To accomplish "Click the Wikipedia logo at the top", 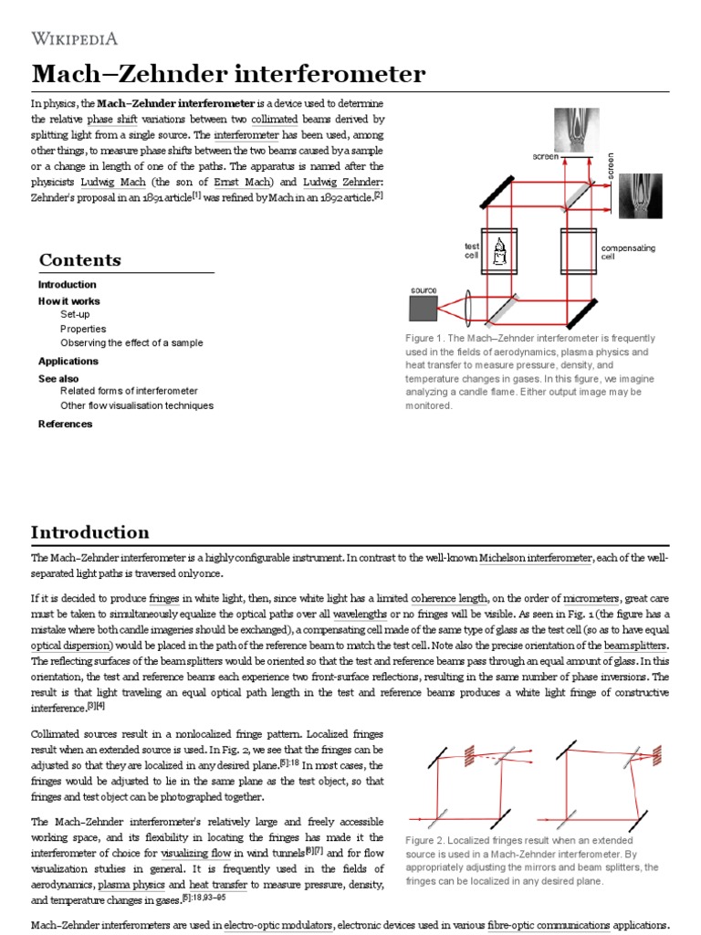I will coord(75,37).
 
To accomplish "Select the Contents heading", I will coord(79,260).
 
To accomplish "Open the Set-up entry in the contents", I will coord(75,314).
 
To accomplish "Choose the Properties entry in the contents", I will coord(83,329).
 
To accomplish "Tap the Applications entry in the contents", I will coord(68,361).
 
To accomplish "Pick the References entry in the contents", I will coord(65,424).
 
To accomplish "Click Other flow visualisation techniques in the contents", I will coord(137,405).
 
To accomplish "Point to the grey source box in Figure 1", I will coord(424,309).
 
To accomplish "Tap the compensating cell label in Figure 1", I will coord(627,252).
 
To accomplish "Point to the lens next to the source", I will coord(467,308).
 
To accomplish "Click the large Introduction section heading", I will coord(89,532).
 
